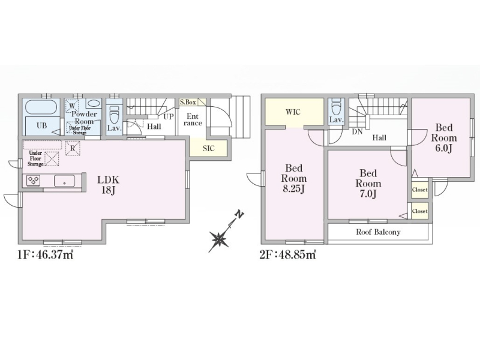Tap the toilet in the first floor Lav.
[114, 113]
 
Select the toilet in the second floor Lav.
[336, 106]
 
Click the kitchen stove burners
[33, 181]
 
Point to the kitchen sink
[64, 181]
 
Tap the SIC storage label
[208, 148]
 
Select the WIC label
[293, 112]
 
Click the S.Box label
[188, 102]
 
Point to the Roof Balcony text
[378, 232]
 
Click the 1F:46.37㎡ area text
[46, 254]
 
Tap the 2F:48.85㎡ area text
[288, 254]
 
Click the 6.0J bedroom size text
[444, 148]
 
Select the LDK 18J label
[109, 185]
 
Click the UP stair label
[169, 116]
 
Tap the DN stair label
[357, 132]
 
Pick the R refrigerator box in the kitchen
[73, 148]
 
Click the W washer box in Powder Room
[72, 106]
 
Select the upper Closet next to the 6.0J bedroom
[419, 190]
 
